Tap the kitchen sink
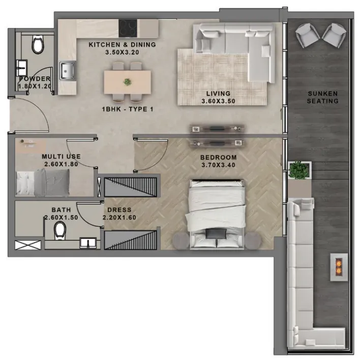coord(67,71)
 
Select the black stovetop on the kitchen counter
coord(128,28)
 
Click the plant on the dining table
coord(127,82)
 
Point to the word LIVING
coord(218,94)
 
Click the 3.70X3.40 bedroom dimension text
coord(218,165)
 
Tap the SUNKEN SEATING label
coord(322,97)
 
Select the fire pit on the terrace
coord(339,267)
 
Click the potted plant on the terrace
coord(299,170)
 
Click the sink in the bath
coord(88,243)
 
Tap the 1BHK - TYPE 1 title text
coord(128,109)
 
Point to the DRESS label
coord(119,210)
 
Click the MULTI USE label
coord(61,157)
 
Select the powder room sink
coord(22,68)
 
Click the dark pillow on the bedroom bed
coord(216,234)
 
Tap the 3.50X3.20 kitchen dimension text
coord(122,52)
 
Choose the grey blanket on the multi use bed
coord(52,183)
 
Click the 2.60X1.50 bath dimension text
coord(61,217)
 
